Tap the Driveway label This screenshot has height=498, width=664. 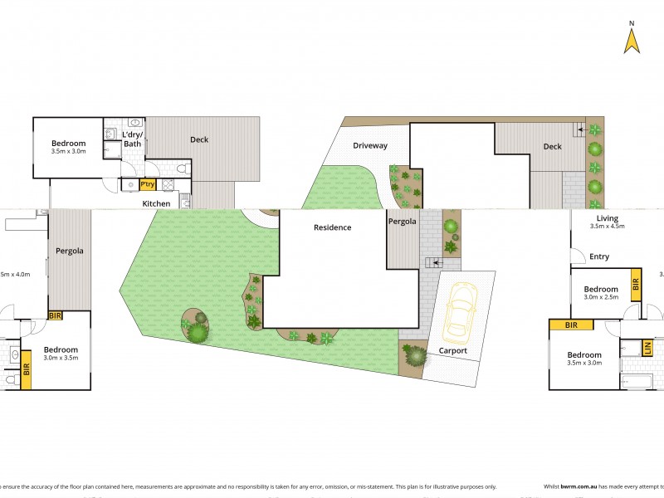click(x=369, y=146)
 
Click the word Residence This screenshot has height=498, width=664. click(x=332, y=227)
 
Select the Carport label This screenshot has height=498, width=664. click(x=453, y=351)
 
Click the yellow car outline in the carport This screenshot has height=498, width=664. click(x=460, y=312)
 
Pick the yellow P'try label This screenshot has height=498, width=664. click(x=148, y=184)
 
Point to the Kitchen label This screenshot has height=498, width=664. click(x=156, y=203)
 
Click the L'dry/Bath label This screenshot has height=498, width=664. click(x=133, y=139)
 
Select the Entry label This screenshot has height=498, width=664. click(x=599, y=256)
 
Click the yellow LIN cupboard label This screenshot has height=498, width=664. click(x=647, y=348)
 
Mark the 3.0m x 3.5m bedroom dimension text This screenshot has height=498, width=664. click(x=61, y=359)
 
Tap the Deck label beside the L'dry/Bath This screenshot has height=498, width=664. click(x=199, y=139)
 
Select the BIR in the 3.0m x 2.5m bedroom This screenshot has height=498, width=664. click(x=636, y=285)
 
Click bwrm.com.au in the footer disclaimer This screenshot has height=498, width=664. click(x=579, y=487)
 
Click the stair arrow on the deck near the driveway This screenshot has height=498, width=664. click(x=582, y=129)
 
